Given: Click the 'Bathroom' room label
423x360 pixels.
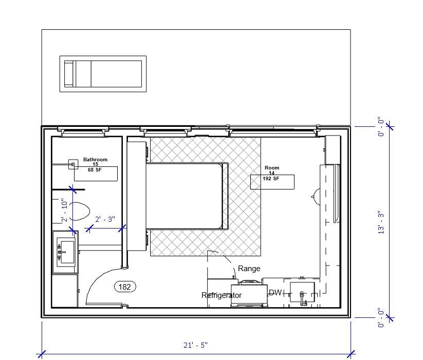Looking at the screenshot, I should [95, 160].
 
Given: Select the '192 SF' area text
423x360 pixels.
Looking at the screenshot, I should [271, 179].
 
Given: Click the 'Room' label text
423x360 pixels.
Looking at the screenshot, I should [272, 168].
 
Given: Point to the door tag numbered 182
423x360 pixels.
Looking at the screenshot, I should [125, 287].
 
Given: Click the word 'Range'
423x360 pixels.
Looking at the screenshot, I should [249, 269].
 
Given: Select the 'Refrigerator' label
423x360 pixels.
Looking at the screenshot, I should [221, 295].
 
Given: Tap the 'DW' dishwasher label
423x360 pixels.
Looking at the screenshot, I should [275, 293].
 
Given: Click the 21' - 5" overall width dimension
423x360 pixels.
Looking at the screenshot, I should [195, 345].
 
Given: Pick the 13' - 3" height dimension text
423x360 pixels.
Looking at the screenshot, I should [381, 222].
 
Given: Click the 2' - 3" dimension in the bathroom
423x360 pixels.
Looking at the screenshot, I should [105, 219].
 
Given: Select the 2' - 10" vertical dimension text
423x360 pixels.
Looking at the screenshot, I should [64, 210].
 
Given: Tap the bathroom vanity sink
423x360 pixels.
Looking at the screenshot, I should [65, 252].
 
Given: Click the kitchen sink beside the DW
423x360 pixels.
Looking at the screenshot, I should [302, 293].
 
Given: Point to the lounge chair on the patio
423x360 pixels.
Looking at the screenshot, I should [102, 74].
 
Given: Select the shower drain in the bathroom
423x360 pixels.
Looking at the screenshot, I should [73, 165].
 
